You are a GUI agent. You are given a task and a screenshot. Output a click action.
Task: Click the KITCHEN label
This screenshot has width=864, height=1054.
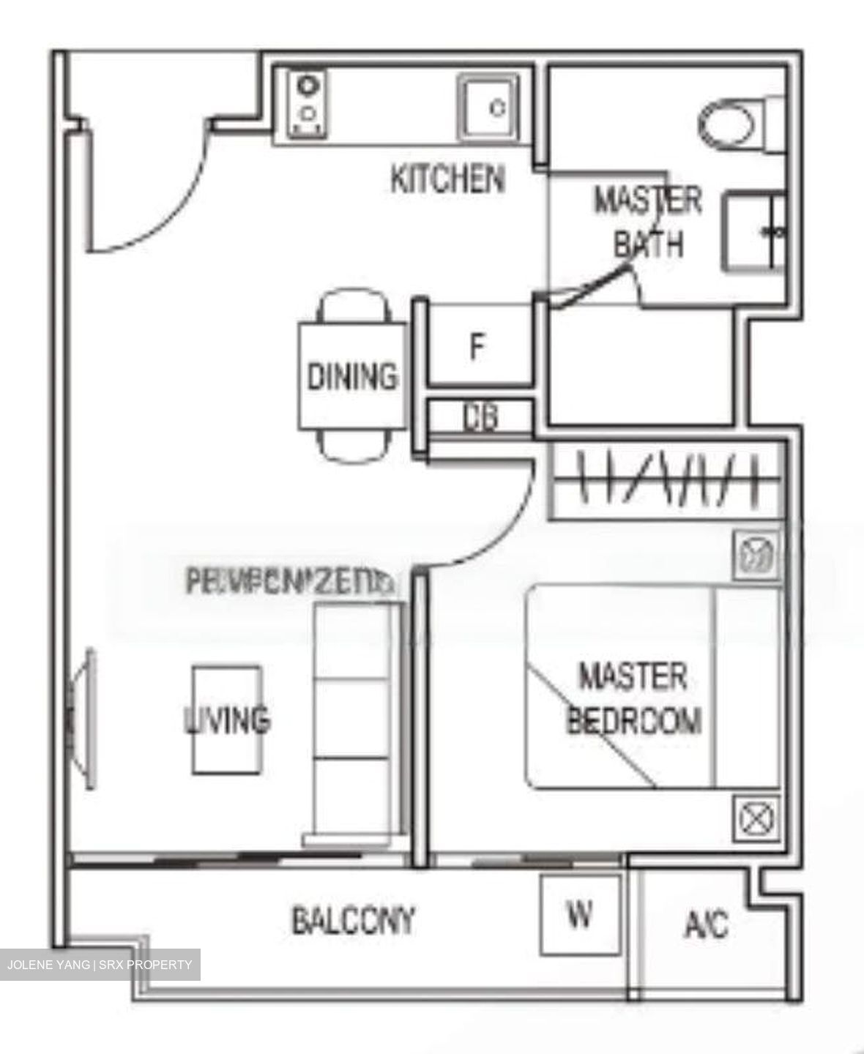[x=447, y=179]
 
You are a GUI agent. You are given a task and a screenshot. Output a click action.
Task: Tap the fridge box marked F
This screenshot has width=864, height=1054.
[x=477, y=346]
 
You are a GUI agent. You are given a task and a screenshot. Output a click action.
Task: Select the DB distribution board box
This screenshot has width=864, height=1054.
[x=480, y=417]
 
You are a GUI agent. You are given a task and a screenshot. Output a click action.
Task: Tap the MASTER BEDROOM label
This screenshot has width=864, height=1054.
[x=633, y=698]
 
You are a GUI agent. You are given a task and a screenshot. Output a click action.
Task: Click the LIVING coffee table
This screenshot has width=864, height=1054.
[x=227, y=720]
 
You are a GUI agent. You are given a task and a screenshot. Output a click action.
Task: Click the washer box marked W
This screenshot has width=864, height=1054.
[x=579, y=914]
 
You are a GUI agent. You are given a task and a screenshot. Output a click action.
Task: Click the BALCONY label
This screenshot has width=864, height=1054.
[x=354, y=920]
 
